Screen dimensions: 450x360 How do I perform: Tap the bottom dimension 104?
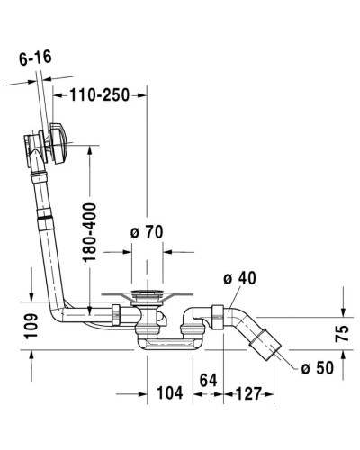[x=169, y=392]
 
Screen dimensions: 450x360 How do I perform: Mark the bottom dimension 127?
[x=250, y=392]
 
